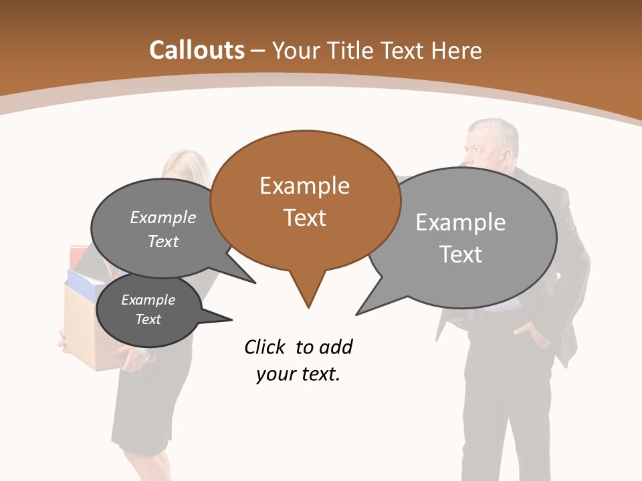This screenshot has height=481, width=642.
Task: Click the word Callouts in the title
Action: pos(197,50)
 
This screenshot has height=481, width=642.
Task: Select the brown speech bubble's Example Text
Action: pos(305,201)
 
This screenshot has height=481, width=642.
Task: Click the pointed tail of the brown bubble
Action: pos(308,294)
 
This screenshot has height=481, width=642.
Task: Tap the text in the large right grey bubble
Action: pos(461,238)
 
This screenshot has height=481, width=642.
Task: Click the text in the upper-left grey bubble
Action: pos(163,229)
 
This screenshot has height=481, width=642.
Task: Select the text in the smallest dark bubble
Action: pos(148,309)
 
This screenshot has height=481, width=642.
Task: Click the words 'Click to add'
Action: pos(298,347)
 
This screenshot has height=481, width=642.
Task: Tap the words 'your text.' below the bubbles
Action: pos(298,374)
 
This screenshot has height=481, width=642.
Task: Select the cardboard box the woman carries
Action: pos(84,334)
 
